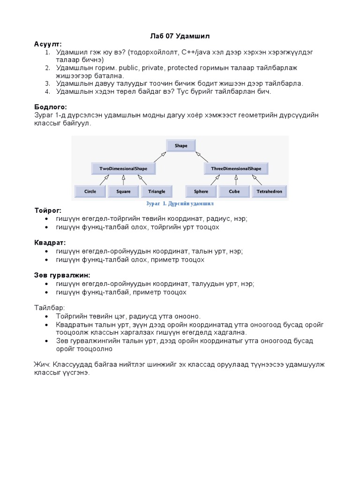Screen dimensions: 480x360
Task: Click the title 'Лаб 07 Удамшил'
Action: click(x=180, y=36)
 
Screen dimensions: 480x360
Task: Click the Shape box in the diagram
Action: click(x=181, y=146)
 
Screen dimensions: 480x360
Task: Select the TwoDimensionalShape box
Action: click(x=123, y=168)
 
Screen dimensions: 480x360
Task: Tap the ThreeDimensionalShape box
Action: click(x=236, y=168)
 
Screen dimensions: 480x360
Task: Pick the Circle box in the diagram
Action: click(x=90, y=191)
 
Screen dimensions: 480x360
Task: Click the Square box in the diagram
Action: click(x=123, y=191)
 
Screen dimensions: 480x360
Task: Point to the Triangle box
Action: click(x=157, y=191)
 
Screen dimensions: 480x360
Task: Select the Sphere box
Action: click(x=201, y=191)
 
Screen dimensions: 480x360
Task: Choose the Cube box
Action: click(x=234, y=191)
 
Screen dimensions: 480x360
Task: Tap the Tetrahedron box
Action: click(x=270, y=191)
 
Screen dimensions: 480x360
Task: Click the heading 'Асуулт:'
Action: click(x=47, y=44)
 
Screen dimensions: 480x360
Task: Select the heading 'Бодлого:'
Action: click(x=50, y=107)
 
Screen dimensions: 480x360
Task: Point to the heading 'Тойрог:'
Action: click(x=48, y=210)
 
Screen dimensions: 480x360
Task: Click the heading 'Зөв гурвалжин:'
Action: click(x=62, y=275)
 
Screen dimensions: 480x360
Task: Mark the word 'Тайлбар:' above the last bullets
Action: click(x=49, y=307)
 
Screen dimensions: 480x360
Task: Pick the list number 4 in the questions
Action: click(x=47, y=91)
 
